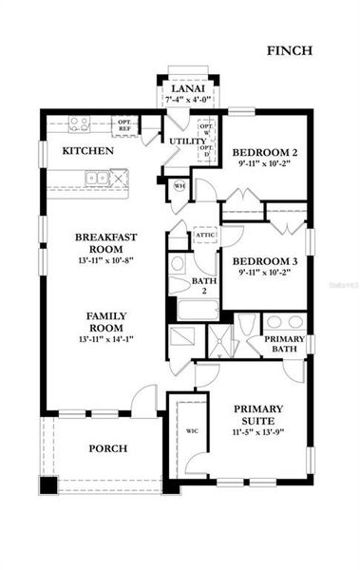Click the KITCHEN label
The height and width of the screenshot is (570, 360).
point(88,151)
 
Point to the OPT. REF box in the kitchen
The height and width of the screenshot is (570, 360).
point(124,123)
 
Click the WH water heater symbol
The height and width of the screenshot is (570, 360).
point(179,185)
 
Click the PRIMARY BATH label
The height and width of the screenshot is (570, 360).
point(284,345)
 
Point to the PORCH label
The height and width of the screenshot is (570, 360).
point(108,448)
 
